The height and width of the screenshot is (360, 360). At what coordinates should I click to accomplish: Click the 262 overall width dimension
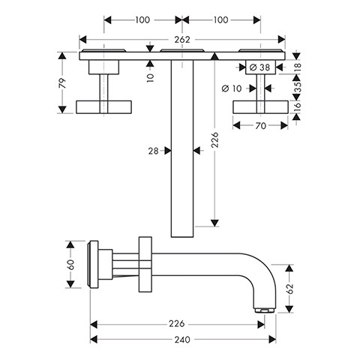click(x=182, y=40)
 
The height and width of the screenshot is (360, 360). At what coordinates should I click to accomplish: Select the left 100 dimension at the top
click(x=142, y=20)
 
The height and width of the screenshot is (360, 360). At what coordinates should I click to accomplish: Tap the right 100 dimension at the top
click(x=220, y=20)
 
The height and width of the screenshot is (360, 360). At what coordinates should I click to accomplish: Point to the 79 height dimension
click(x=62, y=83)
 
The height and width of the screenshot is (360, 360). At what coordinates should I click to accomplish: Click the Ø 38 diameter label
click(x=259, y=67)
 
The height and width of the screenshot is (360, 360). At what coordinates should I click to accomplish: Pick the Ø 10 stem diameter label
click(x=232, y=88)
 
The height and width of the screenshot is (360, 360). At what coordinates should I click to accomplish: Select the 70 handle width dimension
click(x=260, y=126)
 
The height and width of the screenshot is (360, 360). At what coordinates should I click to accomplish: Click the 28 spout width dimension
click(x=153, y=151)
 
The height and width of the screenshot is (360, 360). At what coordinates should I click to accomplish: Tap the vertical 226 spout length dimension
click(x=214, y=140)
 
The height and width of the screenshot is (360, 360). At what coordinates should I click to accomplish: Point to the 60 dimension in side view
click(x=70, y=265)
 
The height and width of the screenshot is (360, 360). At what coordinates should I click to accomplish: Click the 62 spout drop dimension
click(x=289, y=289)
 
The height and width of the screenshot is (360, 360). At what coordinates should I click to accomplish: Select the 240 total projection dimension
click(x=182, y=340)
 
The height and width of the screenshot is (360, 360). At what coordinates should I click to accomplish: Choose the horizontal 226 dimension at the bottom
click(x=176, y=324)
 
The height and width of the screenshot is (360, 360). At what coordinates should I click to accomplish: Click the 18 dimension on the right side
click(x=298, y=67)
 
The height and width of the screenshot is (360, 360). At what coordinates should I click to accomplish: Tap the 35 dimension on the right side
click(x=298, y=87)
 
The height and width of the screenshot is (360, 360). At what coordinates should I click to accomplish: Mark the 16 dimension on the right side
click(x=298, y=106)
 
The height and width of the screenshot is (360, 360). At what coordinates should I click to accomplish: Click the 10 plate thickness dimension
click(x=150, y=78)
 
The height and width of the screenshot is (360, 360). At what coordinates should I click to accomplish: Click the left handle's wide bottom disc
click(x=103, y=107)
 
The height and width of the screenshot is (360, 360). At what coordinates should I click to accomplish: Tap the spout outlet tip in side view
click(x=265, y=310)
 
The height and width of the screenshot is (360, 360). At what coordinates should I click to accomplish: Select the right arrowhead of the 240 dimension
click(x=272, y=340)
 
